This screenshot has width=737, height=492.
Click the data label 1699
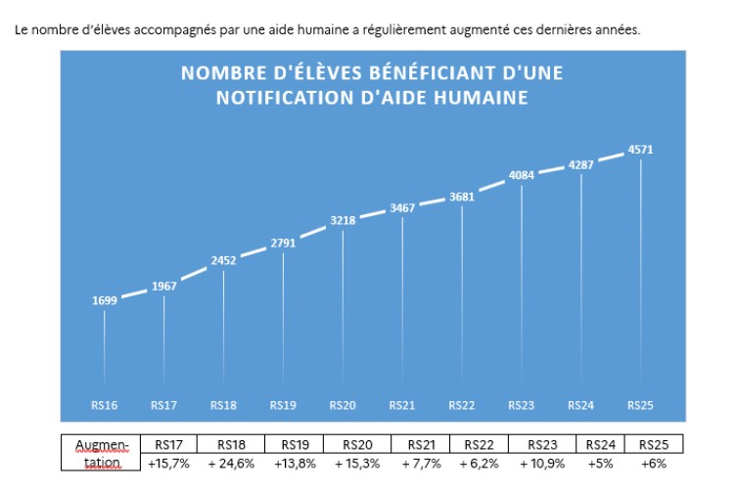[104, 300]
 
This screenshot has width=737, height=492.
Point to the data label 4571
[640, 150]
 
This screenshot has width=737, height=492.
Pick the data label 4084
[522, 176]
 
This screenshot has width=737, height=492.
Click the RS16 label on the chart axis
[104, 405]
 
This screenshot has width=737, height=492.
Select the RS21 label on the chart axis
[402, 405]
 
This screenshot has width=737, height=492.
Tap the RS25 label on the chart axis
[640, 405]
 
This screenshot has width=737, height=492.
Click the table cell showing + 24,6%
[231, 463]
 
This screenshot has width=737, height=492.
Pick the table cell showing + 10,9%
[538, 463]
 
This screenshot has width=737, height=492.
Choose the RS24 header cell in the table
[600, 444]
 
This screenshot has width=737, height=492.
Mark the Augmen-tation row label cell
[101, 453]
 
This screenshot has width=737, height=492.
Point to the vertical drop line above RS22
[462, 293]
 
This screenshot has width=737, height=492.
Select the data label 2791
[283, 243]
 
